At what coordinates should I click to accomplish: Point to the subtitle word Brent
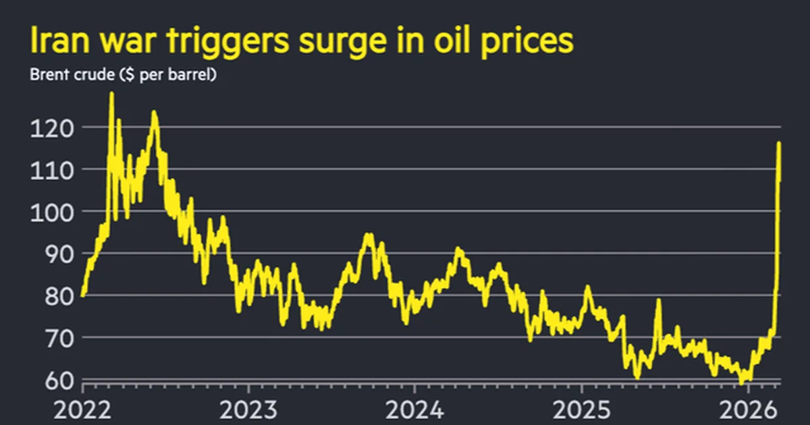48,75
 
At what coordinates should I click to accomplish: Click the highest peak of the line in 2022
111,93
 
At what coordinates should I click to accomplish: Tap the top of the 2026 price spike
779,143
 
